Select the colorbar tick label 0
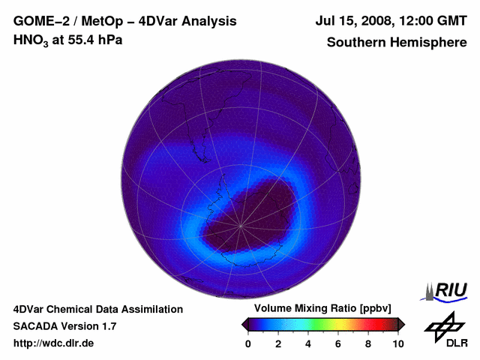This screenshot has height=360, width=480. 248,343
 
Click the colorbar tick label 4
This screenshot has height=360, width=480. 308,343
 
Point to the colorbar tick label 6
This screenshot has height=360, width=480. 338,343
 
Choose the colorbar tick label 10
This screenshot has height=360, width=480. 397,343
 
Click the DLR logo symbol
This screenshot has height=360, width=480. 443,325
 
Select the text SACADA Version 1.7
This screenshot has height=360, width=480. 64,326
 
